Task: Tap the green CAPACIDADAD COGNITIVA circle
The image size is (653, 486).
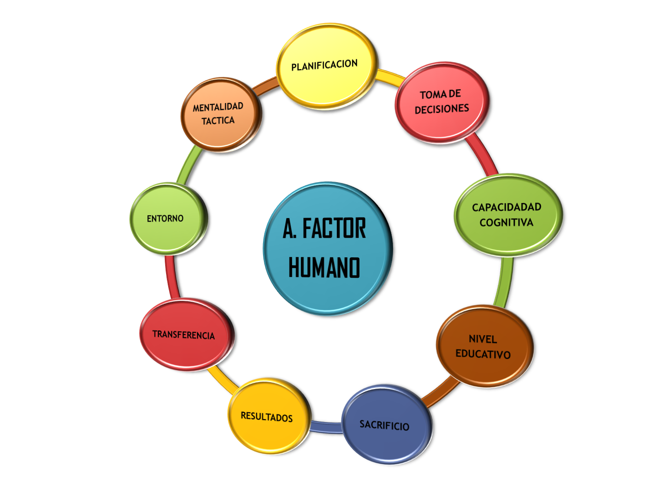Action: coord(507,214)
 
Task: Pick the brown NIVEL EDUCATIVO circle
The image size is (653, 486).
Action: coord(483,346)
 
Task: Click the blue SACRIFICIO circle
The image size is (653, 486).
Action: coord(385,425)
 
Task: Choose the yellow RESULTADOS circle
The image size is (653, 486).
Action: coord(267,416)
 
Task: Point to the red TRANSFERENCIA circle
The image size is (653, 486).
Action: coord(184,334)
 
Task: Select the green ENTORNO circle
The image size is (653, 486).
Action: coord(166,218)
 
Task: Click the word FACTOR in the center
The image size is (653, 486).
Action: coord(334,229)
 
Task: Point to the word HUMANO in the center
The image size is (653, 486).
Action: coord(324,267)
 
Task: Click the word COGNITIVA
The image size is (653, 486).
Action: coord(506,223)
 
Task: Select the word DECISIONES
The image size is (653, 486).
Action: coord(442,109)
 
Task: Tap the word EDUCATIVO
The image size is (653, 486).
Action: coord(483,354)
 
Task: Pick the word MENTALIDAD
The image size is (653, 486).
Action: coord(218,107)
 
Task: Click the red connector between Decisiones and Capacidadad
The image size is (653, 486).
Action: coord(483,156)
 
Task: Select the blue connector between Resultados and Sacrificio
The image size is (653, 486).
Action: coord(326,427)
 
